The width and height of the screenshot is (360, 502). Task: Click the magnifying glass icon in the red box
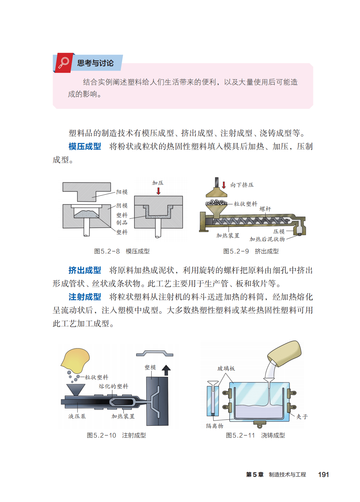click(64, 63)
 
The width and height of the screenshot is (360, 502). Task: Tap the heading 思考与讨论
click(95, 63)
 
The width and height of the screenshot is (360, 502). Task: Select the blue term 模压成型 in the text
click(85, 146)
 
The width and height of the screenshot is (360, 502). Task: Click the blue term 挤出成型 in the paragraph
click(85, 270)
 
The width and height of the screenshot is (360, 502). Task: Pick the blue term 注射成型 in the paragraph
click(85, 297)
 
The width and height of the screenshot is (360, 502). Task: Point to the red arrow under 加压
click(158, 191)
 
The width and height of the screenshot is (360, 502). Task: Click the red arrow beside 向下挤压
click(224, 185)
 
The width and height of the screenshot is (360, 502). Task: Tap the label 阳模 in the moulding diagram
click(122, 192)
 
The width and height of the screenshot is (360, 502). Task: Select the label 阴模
click(122, 205)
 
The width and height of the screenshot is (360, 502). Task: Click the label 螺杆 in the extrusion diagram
click(265, 209)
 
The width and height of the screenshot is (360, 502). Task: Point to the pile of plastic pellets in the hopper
click(216, 202)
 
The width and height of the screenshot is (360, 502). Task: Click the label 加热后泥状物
click(267, 239)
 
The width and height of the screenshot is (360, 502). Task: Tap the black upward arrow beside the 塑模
click(166, 370)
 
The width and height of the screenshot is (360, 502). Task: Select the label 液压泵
click(77, 416)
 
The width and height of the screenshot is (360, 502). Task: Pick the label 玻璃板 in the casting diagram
click(226, 369)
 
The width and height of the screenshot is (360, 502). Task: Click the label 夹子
click(302, 417)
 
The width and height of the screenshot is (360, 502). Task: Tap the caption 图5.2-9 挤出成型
click(251, 251)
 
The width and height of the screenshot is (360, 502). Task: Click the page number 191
click(323, 474)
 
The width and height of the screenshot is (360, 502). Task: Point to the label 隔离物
click(215, 426)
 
